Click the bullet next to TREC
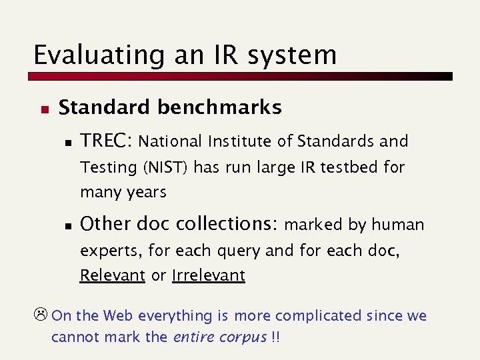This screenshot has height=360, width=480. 67,142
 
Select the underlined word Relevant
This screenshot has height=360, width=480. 113,275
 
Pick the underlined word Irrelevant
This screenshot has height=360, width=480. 208,275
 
